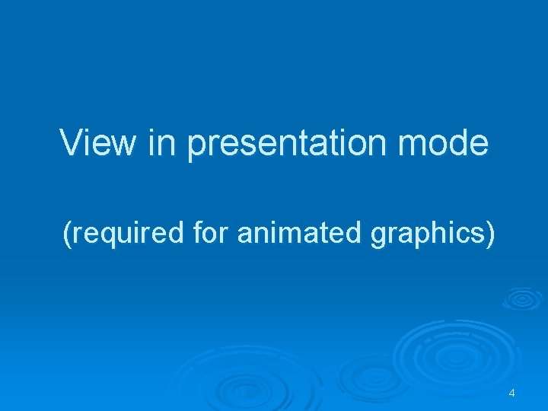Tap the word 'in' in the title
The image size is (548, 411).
[162, 143]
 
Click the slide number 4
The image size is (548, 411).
[511, 393]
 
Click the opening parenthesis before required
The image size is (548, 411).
[68, 234]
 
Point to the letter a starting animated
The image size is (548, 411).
[244, 234]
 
